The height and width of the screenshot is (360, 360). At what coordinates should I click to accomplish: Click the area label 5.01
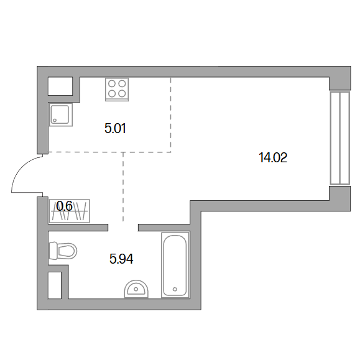pos(115,128)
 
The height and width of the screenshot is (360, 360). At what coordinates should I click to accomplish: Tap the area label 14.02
pos(273,158)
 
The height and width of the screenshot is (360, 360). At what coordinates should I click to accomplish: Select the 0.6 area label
pos(64,206)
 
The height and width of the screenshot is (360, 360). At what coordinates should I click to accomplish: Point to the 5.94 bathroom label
pos(121,259)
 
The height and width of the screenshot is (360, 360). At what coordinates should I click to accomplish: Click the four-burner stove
pos(117,90)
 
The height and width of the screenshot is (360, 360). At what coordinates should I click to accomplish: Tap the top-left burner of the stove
pos(112,84)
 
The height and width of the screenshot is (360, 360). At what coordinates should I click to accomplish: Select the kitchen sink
pos(61,114)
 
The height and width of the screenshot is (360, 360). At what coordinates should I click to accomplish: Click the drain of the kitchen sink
pos(55,120)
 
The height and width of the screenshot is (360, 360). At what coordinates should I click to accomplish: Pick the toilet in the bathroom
pos(63,251)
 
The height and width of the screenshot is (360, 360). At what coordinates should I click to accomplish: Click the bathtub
pos(175,265)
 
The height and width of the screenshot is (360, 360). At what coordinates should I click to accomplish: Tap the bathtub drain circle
pos(175,289)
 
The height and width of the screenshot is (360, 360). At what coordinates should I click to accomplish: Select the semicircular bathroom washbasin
pos(136,289)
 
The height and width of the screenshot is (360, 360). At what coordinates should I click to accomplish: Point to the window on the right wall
pos(340,138)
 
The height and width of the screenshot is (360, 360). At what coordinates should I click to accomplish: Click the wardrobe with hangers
pos(70,211)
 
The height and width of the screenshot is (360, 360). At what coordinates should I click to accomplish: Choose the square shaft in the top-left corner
pos(60,86)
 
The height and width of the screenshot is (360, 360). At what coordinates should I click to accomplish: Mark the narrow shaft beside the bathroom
pos(55,285)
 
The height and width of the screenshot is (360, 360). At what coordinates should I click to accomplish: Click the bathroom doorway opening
pos(123,228)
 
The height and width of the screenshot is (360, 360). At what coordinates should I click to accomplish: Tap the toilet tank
pos(53,251)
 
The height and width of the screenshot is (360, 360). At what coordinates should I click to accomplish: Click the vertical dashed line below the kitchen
pos(123,187)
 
